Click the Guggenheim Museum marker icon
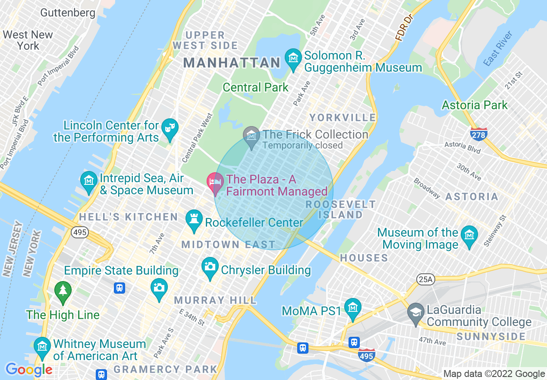coord(293,58)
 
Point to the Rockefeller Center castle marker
coord(194,220)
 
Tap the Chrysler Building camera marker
coord(210,267)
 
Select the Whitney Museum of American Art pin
coord(42,347)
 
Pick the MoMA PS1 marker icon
coord(353,307)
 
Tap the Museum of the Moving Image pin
coord(469,235)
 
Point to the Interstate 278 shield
coord(479,133)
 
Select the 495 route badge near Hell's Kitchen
coord(80,233)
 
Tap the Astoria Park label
coord(475,105)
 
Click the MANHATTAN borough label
coord(232,63)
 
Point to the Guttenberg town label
coord(68,13)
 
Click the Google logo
coord(28,370)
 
